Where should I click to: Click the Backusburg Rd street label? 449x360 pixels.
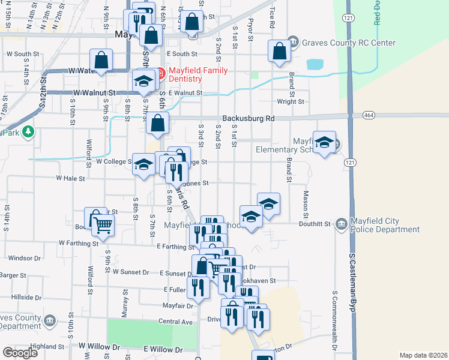[x=248, y=119]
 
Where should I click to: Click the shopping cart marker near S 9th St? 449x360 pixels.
[x=103, y=224]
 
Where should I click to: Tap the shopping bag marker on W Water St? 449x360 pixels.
[x=101, y=61]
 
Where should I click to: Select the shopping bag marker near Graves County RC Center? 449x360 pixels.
[x=280, y=52]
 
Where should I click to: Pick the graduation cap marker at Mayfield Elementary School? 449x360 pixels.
[x=324, y=143]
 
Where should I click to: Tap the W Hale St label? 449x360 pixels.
[x=71, y=178]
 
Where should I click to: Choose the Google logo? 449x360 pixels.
[x=20, y=352]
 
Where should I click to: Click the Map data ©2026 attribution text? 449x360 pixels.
[x=424, y=355]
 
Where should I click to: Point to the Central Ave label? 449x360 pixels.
[x=175, y=322]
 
